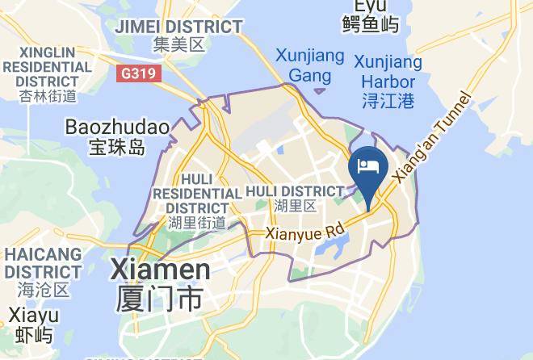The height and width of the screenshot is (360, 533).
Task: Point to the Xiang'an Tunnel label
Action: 428,138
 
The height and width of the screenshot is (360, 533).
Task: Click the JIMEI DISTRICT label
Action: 178,27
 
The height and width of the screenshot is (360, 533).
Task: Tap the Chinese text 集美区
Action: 178,45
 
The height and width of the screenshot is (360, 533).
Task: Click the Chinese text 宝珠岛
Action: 116,148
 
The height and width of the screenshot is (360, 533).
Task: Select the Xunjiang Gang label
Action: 310,66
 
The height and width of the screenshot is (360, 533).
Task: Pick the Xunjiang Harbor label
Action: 388,72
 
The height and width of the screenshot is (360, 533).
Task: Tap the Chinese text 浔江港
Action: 388,100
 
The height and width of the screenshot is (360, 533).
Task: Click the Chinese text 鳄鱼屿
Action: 371,23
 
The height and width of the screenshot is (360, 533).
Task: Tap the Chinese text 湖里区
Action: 294,206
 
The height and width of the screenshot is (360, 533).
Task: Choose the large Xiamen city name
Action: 160,269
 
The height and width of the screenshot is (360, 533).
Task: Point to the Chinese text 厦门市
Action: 158,299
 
